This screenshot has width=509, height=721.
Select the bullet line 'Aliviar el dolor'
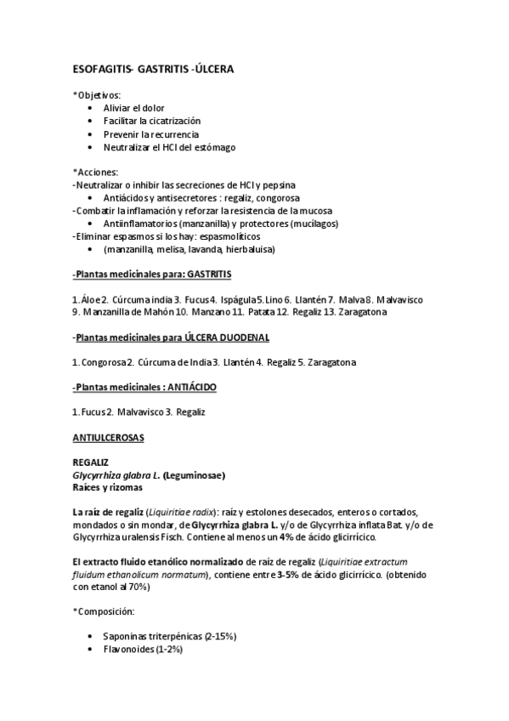click(x=133, y=108)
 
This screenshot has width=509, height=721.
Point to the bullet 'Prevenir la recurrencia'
click(x=151, y=134)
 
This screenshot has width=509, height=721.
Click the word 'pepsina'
click(x=291, y=185)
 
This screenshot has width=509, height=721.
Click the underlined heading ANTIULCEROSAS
click(x=109, y=437)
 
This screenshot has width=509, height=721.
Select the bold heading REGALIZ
click(x=91, y=462)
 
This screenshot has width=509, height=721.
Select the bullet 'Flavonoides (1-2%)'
click(x=142, y=650)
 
